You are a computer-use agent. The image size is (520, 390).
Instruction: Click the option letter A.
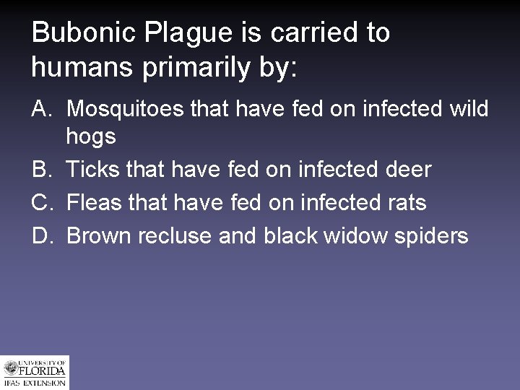click(x=40, y=109)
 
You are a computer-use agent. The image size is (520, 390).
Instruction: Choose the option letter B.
click(x=40, y=170)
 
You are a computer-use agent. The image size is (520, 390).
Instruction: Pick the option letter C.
click(x=40, y=203)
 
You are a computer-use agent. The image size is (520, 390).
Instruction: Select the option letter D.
click(x=40, y=236)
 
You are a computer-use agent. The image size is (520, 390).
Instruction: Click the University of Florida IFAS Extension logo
click(x=35, y=373)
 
